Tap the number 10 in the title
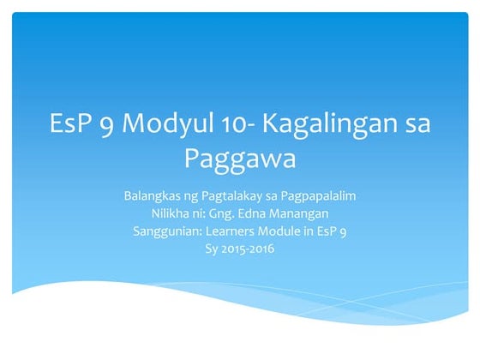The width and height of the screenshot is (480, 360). click(228, 124)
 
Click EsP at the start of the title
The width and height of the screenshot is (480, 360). click(72, 124)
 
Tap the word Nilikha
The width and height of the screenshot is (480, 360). click(169, 213)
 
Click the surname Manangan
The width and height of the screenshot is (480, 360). click(303, 213)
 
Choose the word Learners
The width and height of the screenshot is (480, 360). click(231, 231)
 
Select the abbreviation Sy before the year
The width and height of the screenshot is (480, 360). click(211, 249)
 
